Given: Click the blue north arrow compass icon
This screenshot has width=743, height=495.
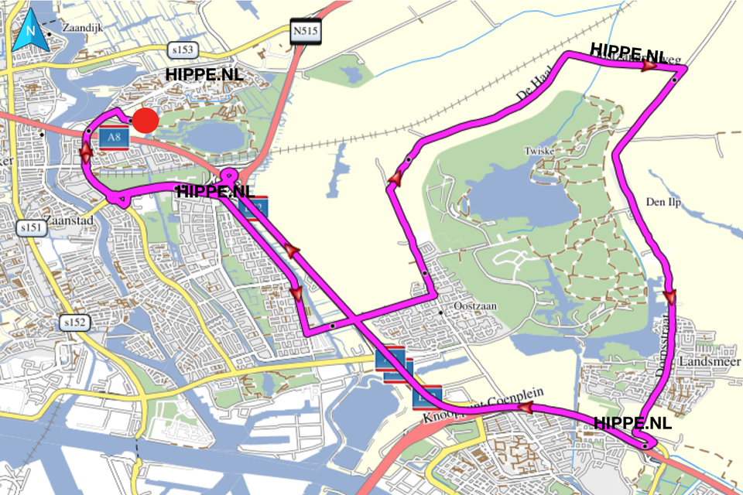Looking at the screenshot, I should tap(30, 32).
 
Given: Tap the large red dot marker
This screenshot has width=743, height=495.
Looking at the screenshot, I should tap(145, 121).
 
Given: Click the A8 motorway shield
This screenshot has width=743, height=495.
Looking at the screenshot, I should tap(114, 138).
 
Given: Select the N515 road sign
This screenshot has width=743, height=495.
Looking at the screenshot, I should tap(306, 32).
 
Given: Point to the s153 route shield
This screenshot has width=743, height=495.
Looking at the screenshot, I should tap(183, 50).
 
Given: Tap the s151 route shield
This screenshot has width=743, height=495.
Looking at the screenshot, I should tap(30, 228).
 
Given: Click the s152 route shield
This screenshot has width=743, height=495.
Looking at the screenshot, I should tap(76, 323).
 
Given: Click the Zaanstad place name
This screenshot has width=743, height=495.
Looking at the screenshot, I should tap(70, 220).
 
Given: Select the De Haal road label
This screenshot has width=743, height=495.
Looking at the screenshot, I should tap(533, 89).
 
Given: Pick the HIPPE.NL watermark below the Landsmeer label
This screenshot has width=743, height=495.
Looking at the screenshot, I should tap(632, 423).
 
